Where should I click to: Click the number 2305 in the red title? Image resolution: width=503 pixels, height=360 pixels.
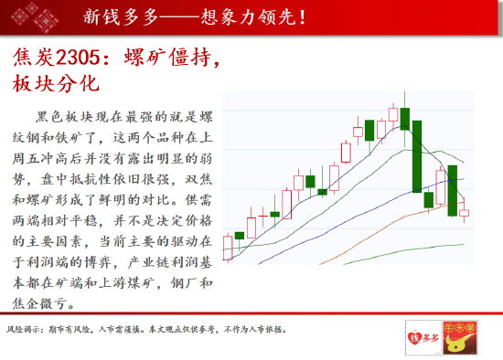pyautogui.click(x=78, y=58)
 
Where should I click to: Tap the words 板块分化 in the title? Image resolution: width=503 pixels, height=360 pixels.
pyautogui.click(x=56, y=83)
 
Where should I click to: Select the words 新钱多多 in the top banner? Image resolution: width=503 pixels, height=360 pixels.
pyautogui.click(x=121, y=16)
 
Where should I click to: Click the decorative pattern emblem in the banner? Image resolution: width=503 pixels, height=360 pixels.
pyautogui.click(x=35, y=17)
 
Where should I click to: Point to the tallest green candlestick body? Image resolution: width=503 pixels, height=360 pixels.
pyautogui.click(x=417, y=156)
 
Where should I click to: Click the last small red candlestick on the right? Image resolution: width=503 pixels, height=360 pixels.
pyautogui.click(x=464, y=213)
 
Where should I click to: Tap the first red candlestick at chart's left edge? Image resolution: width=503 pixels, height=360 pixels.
pyautogui.click(x=228, y=248)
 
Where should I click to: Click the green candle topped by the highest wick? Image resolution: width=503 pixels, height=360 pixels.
pyautogui.click(x=405, y=119)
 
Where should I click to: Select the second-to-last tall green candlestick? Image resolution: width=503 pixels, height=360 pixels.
pyautogui.click(x=453, y=190)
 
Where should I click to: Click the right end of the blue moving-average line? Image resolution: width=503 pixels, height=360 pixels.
pyautogui.click(x=464, y=179)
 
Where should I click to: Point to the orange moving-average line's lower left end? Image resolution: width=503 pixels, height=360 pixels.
pyautogui.click(x=320, y=264)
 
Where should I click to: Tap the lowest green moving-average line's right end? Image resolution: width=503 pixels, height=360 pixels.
pyautogui.click(x=464, y=244)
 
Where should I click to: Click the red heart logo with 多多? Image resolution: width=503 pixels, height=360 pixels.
pyautogui.click(x=423, y=337)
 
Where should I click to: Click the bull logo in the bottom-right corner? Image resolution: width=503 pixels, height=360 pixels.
pyautogui.click(x=460, y=338)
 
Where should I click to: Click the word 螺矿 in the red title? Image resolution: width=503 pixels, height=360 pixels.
pyautogui.click(x=145, y=58)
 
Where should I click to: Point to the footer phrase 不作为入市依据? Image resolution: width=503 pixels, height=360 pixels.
pyautogui.click(x=253, y=329)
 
